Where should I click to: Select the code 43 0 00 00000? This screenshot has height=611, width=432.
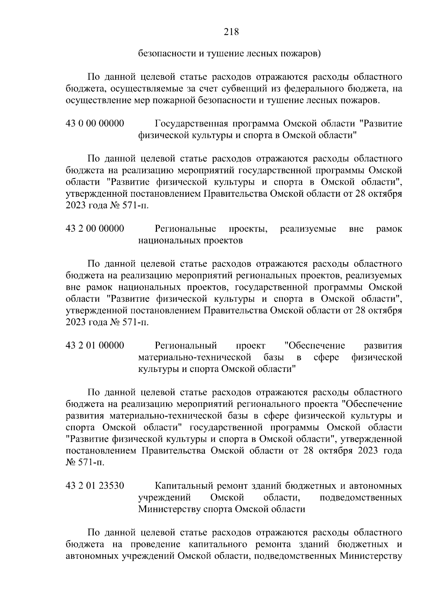click(95, 124)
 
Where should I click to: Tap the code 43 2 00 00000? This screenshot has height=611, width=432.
click(95, 229)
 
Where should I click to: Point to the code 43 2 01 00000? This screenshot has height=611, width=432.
click(95, 346)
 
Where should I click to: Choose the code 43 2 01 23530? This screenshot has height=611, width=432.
click(95, 486)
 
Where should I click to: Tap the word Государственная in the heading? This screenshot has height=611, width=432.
click(191, 124)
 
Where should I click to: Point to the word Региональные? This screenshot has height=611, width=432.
click(185, 229)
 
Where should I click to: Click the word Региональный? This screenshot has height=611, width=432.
click(186, 346)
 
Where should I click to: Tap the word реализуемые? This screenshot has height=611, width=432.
click(308, 229)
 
